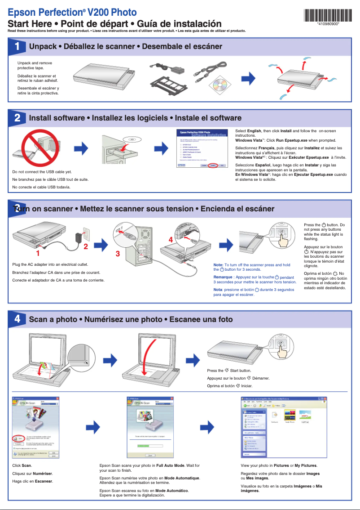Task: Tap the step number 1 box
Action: (x=17, y=46)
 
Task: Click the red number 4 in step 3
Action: (x=171, y=240)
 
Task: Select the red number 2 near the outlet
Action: (x=85, y=246)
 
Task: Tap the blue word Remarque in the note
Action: (x=223, y=277)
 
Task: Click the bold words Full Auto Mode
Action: (x=171, y=465)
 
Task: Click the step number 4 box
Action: (x=17, y=319)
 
